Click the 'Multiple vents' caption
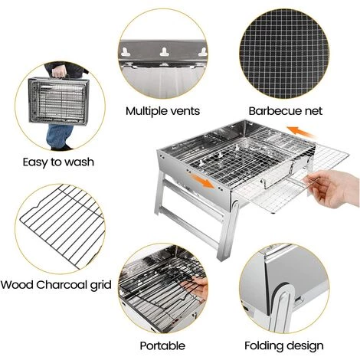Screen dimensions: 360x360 162,111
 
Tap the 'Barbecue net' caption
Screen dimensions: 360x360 286,111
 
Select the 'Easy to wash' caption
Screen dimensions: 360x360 58,162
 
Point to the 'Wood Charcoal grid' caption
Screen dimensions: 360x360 56,285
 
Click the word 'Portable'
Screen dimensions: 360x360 162,345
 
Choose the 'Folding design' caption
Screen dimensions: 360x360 284,345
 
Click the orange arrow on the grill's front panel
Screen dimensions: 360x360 203,181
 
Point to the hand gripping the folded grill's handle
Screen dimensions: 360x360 60,70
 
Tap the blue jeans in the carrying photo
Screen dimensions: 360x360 59,136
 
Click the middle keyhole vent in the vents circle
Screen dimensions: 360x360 164,52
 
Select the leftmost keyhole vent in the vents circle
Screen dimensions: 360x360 126,52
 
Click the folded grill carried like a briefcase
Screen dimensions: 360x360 59,101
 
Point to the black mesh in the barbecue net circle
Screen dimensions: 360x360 284,54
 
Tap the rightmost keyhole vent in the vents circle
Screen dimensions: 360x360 202,52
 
